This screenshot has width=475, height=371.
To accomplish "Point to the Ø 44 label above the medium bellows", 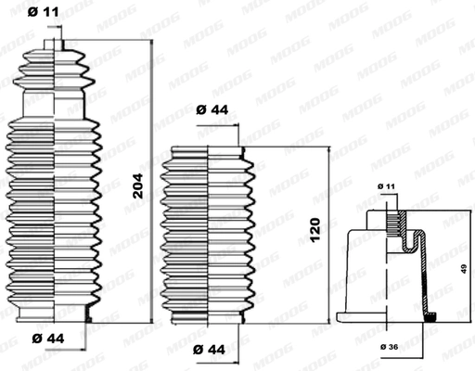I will pyautogui.click(x=213, y=110).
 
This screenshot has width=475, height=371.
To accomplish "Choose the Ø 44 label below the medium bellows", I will pyautogui.click(x=212, y=351).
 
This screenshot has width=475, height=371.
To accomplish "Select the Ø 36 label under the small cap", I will pyautogui.click(x=391, y=347).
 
